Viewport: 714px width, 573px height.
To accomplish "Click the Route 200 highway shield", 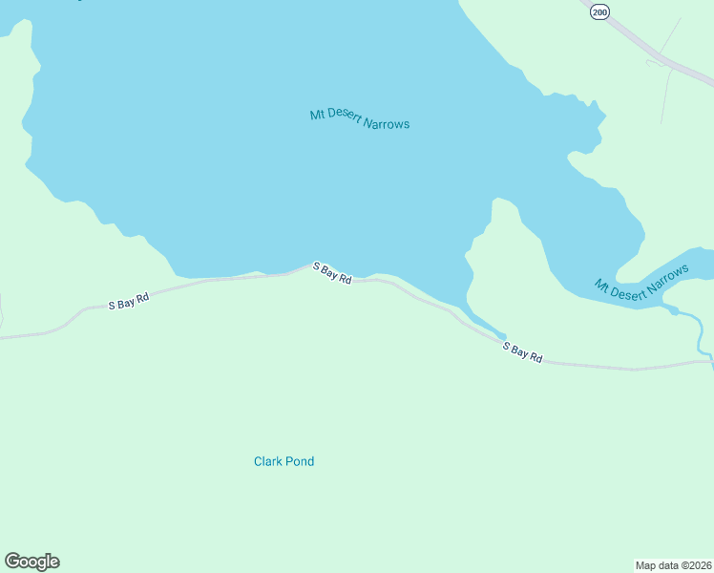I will pos(598,11).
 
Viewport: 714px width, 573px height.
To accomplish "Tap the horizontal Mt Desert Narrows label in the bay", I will pos(359,119).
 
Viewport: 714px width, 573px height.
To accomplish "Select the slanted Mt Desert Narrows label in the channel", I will pos(640,284).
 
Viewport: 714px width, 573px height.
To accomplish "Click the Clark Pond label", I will pos(283,461).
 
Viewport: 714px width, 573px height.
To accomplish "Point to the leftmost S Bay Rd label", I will pos(129,302).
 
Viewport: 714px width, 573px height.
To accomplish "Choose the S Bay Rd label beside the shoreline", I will pos(332,274).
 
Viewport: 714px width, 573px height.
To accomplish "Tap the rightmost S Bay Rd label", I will pos(523,352).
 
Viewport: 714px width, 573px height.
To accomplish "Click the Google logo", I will pos(31,562).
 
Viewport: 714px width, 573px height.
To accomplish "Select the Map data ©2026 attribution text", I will pos(673,564).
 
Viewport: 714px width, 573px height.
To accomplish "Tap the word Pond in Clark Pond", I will pos(300,461).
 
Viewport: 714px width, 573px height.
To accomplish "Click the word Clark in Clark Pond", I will pos(267,461).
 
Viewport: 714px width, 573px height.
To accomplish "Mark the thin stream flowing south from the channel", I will pos(703,334).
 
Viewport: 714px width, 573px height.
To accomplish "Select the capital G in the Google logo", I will pos(12,562).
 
